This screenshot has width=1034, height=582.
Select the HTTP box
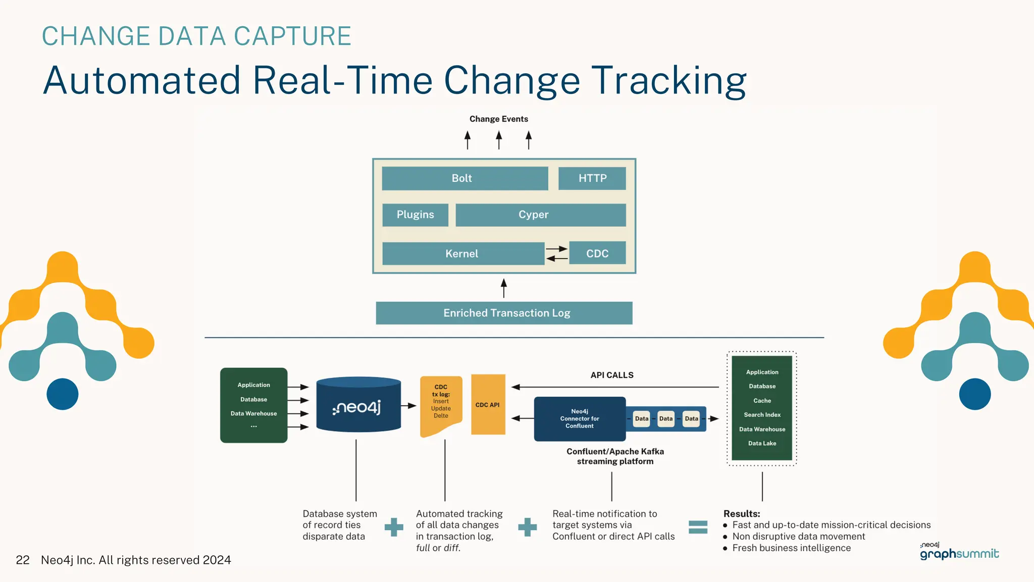coord(592,178)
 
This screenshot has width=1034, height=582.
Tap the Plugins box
coord(415,215)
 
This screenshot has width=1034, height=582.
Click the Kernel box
coord(462,254)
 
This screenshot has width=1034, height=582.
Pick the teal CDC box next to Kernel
coord(597,253)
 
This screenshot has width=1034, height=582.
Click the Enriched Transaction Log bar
coord(504,313)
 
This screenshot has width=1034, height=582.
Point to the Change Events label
coord(498,119)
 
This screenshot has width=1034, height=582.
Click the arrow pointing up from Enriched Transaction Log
coord(503,288)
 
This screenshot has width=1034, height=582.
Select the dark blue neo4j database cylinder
coord(358,405)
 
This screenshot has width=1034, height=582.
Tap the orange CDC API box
coord(488,405)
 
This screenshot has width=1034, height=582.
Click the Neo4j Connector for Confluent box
coord(580,419)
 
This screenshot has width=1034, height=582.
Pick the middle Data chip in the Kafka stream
coord(666,419)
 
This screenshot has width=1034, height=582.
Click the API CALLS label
coord(612,375)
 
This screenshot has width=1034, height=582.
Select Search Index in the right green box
coord(762,415)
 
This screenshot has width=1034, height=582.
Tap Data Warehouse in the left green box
coord(253,414)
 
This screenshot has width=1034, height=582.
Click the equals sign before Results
coord(698,527)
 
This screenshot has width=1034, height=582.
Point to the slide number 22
coord(23,560)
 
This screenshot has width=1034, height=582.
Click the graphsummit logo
coord(959,553)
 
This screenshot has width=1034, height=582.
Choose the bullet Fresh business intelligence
coord(791,548)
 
